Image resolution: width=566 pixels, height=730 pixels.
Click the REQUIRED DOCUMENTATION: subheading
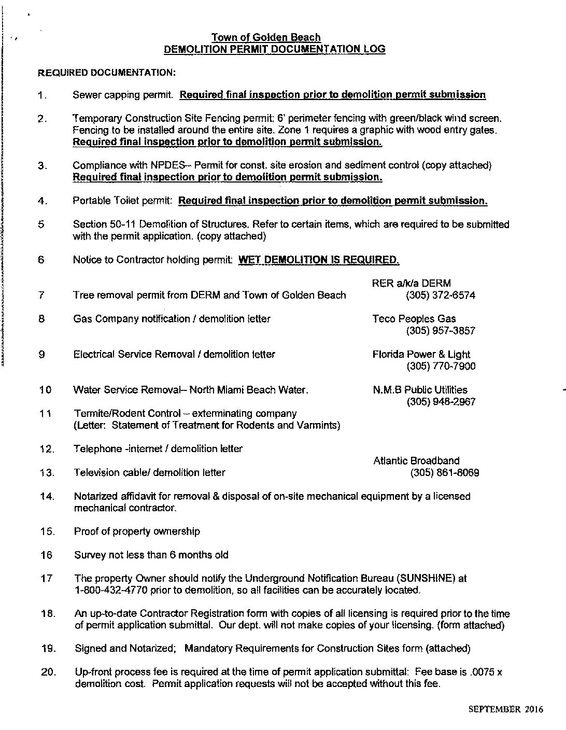click(x=107, y=73)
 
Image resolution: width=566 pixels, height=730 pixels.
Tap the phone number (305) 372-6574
click(x=441, y=295)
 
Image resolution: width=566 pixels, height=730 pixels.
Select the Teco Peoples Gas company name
click(x=414, y=319)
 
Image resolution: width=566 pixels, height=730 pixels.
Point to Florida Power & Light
click(x=421, y=355)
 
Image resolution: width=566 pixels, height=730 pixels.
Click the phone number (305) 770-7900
click(x=441, y=367)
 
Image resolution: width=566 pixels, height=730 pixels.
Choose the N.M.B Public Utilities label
click(x=420, y=390)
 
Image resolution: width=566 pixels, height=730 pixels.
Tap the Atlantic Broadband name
click(x=416, y=460)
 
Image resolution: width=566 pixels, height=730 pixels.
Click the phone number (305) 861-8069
click(x=444, y=472)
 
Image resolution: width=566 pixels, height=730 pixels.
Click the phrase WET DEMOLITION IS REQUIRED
click(x=318, y=260)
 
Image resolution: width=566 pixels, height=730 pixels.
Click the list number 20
click(x=48, y=672)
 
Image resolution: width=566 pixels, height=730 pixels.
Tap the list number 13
click(x=47, y=473)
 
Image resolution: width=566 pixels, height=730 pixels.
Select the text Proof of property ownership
click(x=137, y=531)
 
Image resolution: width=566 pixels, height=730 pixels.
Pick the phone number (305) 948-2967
click(x=441, y=402)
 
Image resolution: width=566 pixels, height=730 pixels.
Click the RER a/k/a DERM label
click(x=411, y=283)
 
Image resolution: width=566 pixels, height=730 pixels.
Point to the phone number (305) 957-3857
click(x=441, y=331)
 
